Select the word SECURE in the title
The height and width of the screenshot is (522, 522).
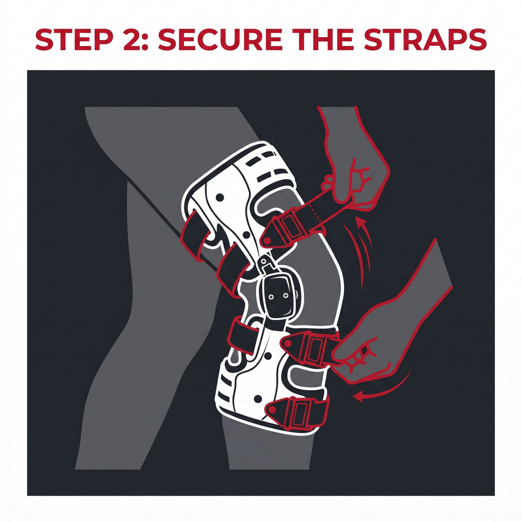pos(220,40)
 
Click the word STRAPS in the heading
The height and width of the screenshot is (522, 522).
pos(425,40)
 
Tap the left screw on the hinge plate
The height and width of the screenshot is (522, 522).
pos(271,296)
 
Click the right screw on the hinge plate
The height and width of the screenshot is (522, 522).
pos(285,295)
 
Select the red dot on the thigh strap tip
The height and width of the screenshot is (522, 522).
pos(266,240)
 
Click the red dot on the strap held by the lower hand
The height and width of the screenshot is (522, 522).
pos(288,343)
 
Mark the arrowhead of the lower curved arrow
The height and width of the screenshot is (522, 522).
pos(358,396)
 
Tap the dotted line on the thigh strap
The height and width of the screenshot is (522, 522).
pos(315,214)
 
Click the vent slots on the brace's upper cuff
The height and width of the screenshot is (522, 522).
pos(266,166)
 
